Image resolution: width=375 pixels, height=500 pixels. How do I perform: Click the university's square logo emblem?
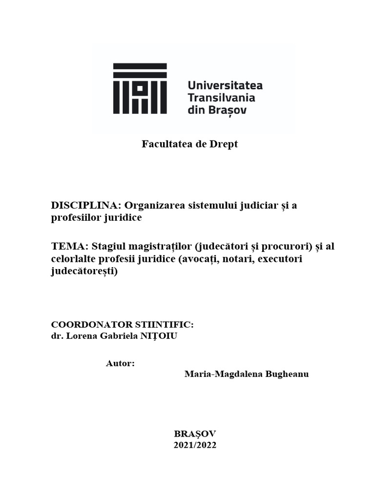pos(140,88)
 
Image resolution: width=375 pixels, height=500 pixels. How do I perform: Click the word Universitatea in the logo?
pos(225,85)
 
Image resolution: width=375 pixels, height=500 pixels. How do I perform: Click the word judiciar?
pos(258,206)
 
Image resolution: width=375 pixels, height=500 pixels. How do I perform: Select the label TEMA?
pos(69,247)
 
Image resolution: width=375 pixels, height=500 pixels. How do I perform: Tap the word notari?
pos(237,259)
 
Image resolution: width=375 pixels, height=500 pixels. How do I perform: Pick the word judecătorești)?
pos(84,271)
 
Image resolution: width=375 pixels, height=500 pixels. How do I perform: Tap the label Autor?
pos(120,364)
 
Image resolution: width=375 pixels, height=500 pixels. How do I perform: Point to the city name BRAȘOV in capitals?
pos(195,433)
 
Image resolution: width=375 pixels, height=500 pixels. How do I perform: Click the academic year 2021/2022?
pos(195,445)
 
